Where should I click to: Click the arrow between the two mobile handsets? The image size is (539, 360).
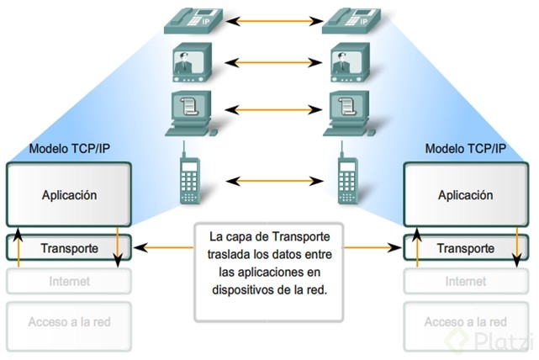pyautogui.click(x=269, y=180)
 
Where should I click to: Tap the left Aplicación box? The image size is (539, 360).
pyautogui.click(x=69, y=195)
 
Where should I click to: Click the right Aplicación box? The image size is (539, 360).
pyautogui.click(x=465, y=195)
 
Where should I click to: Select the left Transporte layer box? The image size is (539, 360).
pyautogui.click(x=69, y=249)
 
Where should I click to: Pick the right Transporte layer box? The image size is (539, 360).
pyautogui.click(x=465, y=249)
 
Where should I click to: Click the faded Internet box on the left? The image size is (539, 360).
pyautogui.click(x=69, y=282)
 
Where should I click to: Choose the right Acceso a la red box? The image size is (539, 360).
pyautogui.click(x=465, y=322)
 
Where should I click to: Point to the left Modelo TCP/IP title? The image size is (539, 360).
pyautogui.click(x=69, y=150)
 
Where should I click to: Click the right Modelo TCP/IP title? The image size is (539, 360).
pyautogui.click(x=465, y=150)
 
